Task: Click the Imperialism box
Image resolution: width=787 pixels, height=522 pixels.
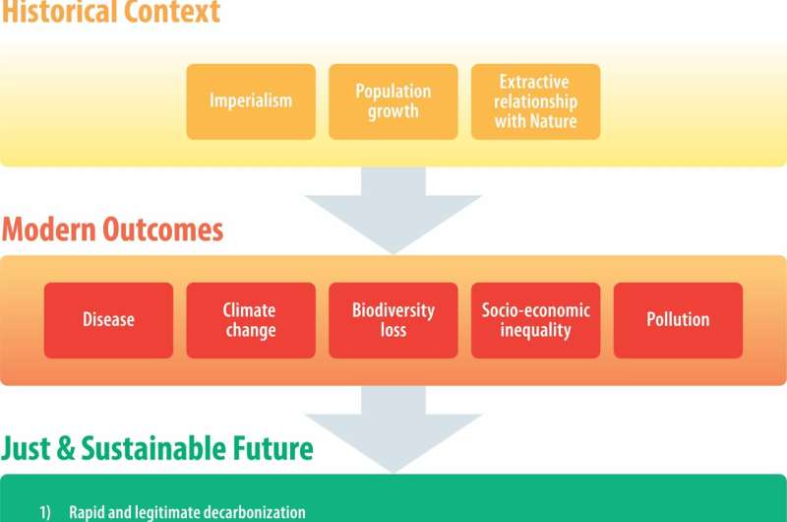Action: coord(251,101)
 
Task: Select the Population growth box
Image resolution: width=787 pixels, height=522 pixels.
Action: coord(393,101)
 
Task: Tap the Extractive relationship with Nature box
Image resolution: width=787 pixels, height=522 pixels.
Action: coord(536,101)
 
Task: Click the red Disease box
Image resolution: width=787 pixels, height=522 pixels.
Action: coord(108,320)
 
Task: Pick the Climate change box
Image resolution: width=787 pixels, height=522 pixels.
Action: coord(251,320)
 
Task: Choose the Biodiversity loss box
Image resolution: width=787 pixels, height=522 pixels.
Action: coord(393,320)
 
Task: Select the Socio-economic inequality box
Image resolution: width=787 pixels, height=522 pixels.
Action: coord(536,320)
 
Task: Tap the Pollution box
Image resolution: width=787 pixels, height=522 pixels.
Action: coord(678,320)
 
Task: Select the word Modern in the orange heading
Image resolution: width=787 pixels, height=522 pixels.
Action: coord(48,230)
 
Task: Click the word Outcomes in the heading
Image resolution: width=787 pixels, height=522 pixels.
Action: coord(163,230)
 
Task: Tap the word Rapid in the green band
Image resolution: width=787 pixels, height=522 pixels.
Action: coord(86,512)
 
